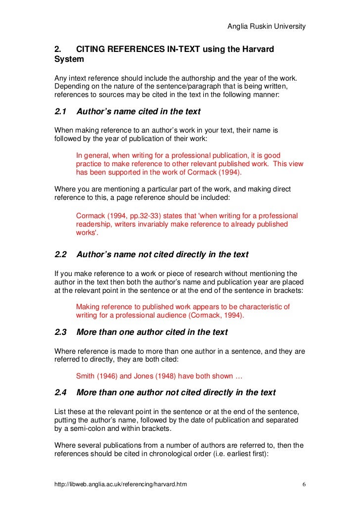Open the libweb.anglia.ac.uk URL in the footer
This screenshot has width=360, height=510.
(121, 483)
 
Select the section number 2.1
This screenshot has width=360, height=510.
(60, 112)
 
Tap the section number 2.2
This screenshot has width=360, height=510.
(60, 255)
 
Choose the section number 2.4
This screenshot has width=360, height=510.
(60, 393)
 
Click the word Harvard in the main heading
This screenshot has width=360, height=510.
(253, 50)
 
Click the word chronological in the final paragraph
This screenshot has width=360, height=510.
(174, 455)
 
